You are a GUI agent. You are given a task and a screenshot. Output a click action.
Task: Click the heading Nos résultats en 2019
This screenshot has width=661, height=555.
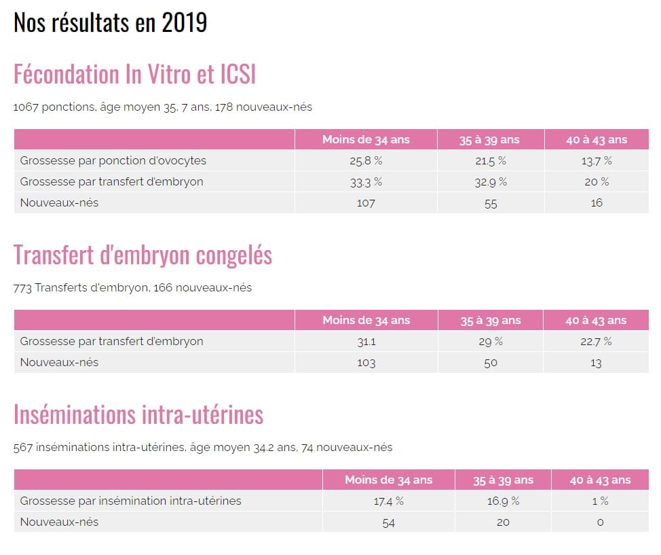[110, 22]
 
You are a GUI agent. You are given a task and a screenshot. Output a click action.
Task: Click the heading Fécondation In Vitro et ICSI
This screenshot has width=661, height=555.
[134, 74]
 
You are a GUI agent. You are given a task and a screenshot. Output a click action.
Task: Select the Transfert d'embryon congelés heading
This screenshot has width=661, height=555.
[143, 255]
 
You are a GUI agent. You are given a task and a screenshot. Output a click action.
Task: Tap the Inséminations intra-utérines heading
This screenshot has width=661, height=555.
[138, 414]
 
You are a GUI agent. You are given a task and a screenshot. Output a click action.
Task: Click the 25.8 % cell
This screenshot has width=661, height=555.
[366, 161]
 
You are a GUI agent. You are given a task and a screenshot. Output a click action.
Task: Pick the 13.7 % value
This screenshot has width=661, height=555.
[597, 161]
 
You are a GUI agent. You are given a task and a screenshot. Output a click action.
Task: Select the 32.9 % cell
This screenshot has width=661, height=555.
[491, 182]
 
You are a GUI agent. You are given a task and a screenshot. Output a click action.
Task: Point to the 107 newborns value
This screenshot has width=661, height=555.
[366, 203]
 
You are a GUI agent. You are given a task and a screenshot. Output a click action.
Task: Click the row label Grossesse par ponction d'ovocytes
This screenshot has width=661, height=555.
[113, 161]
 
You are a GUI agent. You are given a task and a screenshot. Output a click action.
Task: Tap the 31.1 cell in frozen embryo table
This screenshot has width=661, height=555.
[366, 342]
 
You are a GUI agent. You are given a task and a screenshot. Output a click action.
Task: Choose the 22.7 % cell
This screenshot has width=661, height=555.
[597, 342]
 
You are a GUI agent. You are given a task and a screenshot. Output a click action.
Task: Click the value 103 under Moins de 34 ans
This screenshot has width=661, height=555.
[366, 363]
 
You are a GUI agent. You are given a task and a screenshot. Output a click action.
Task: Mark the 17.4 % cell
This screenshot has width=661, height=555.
[388, 501]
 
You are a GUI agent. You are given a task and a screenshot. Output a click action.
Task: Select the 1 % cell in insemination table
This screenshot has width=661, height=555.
[600, 501]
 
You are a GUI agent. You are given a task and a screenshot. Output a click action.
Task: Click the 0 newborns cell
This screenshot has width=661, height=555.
[600, 522]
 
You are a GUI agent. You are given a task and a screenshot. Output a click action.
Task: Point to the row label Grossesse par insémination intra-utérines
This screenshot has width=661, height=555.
[130, 501]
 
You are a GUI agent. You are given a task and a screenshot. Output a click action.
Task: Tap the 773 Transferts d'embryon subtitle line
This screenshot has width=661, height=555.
[132, 287]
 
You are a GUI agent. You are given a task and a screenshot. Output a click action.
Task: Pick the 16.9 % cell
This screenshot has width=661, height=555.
[503, 501]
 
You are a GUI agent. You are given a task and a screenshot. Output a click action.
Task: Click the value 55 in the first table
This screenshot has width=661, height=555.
[491, 203]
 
